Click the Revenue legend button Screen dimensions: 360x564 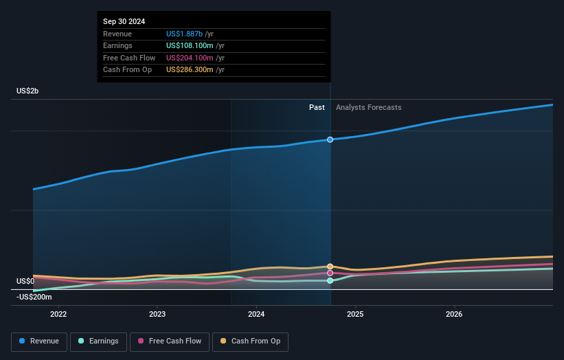(x=39, y=341)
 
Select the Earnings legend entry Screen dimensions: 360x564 (x=98, y=341)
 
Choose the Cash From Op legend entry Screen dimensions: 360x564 (x=254, y=341)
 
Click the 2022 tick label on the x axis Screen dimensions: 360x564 (x=58, y=315)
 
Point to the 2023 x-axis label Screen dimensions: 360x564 (x=157, y=315)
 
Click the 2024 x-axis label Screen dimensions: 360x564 (x=256, y=315)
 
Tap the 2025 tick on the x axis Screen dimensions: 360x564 (x=355, y=315)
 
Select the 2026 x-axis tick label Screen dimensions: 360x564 (x=454, y=315)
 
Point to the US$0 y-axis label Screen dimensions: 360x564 (x=25, y=281)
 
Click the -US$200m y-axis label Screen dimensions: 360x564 (x=34, y=297)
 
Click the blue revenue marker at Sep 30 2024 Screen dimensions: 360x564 (x=330, y=139)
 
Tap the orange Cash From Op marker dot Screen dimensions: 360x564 (x=330, y=266)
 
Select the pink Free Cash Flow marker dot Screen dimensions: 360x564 (x=330, y=273)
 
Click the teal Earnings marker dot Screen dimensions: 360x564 (x=330, y=280)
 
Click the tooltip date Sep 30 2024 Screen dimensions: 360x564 (x=124, y=22)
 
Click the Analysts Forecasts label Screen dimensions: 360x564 (x=368, y=107)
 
